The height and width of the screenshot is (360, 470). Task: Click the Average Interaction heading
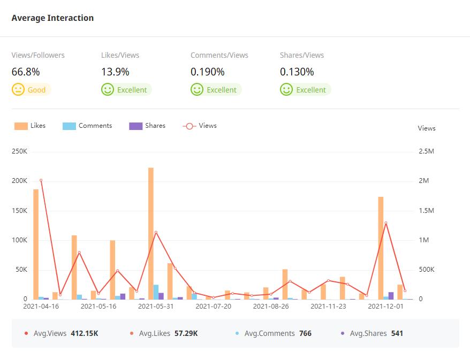[x=52, y=18]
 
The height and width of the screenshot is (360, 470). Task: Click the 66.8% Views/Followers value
[x=26, y=72]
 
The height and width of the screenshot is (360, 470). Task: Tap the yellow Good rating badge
[x=32, y=90]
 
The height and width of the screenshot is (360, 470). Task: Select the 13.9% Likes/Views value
[x=115, y=72]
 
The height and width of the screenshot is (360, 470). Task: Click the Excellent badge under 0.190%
[x=216, y=90]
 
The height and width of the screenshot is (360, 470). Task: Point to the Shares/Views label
[x=302, y=55]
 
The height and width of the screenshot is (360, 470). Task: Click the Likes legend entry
[x=30, y=126]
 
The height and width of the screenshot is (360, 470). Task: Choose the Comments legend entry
[x=87, y=126]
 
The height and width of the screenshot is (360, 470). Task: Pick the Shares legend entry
[x=147, y=126]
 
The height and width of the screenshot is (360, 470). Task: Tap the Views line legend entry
[x=200, y=126]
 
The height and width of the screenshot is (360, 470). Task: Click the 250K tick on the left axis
[x=19, y=151]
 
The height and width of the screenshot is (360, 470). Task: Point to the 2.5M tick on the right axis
[x=426, y=151]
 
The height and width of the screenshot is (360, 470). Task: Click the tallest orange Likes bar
[x=151, y=233]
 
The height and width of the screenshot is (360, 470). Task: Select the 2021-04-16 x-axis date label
[x=41, y=307]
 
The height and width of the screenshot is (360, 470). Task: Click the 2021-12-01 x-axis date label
[x=386, y=307]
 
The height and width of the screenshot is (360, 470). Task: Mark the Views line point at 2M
[x=41, y=180]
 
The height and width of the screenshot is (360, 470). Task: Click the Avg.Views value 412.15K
[x=84, y=333]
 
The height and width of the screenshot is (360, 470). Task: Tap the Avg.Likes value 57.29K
[x=186, y=333]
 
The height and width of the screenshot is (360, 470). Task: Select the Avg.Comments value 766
[x=305, y=333]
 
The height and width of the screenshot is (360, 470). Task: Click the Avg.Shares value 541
[x=397, y=333]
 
